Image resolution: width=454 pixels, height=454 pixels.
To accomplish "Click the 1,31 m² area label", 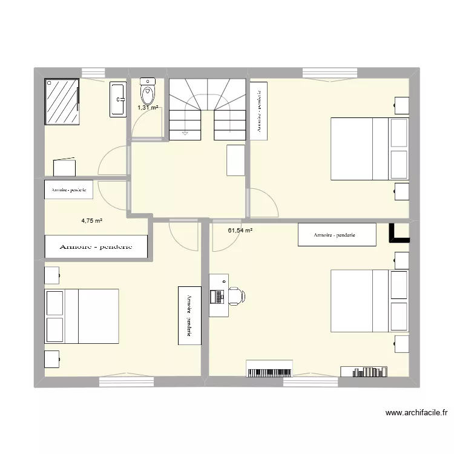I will (148, 108).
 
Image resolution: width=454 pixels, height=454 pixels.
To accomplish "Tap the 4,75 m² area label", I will (91, 222).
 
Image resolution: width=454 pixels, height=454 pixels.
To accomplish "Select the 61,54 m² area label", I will (240, 230).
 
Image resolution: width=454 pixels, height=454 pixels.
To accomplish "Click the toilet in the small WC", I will (147, 91).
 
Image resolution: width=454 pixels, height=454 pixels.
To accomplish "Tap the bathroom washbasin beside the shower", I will (118, 99).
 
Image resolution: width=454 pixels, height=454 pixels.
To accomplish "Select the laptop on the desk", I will (217, 296).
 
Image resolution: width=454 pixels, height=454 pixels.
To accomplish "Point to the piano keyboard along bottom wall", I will (269, 368).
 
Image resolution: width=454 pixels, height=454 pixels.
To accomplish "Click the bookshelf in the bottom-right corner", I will (364, 371).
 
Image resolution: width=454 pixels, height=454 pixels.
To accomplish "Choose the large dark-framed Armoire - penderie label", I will (97, 246).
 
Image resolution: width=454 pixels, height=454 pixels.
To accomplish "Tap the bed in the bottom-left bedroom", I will (82, 315).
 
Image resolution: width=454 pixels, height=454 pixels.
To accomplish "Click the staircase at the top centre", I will (207, 109).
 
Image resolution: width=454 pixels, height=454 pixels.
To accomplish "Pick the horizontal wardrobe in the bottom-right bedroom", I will (337, 235).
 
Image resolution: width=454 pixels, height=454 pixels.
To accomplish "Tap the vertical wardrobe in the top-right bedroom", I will (258, 111).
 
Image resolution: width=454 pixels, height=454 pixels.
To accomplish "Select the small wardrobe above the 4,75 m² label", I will (69, 189).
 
